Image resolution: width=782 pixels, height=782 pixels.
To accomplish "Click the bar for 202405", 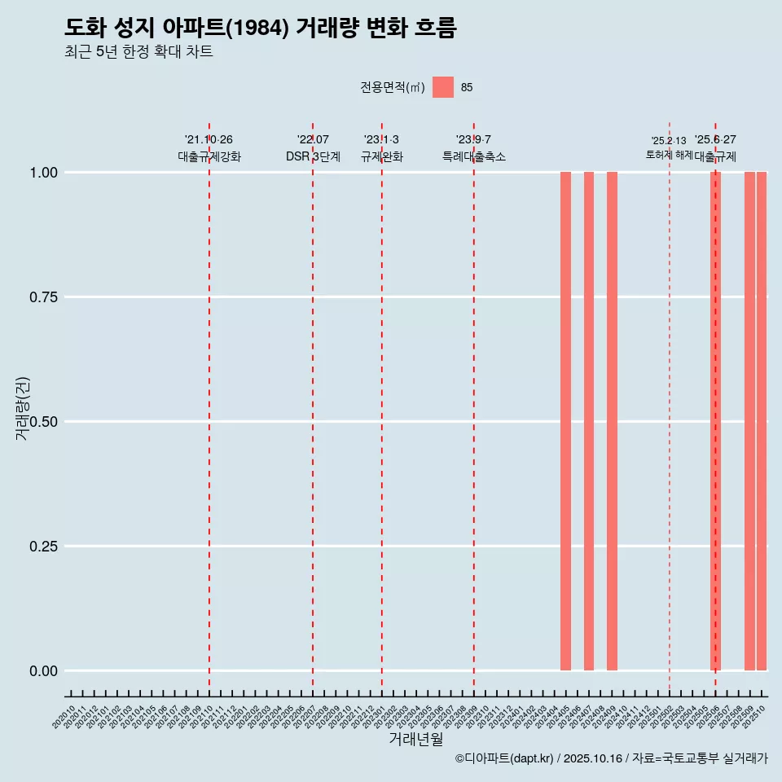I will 565,421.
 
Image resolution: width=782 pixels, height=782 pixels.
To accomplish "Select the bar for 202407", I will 589,421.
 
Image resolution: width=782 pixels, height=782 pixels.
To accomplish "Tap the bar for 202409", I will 612,421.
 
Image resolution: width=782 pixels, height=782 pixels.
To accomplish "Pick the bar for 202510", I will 762,421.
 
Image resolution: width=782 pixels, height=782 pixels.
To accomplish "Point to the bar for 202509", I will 749,421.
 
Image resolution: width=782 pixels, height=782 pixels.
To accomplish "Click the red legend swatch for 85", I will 443,87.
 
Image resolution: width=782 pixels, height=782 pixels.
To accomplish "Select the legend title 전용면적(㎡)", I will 393,87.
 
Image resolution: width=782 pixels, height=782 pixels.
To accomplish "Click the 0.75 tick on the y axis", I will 42,297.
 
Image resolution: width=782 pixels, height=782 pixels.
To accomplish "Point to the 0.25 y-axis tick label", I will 42,547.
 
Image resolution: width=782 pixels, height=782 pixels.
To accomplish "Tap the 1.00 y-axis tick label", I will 42,173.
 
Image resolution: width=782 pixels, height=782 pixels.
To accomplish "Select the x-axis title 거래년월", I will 415,739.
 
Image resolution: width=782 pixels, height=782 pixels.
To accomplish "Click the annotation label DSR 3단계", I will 313,156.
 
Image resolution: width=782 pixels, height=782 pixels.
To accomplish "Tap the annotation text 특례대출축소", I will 473,156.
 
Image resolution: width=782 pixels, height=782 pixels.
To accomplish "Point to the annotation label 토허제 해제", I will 669,154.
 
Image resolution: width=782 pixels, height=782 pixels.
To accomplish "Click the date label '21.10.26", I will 209,140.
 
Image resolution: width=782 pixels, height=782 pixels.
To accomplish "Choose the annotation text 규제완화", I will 382,156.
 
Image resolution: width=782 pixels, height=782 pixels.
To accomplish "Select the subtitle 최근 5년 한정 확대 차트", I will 138,53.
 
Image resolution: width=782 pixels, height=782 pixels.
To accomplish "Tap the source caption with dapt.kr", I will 611,758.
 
